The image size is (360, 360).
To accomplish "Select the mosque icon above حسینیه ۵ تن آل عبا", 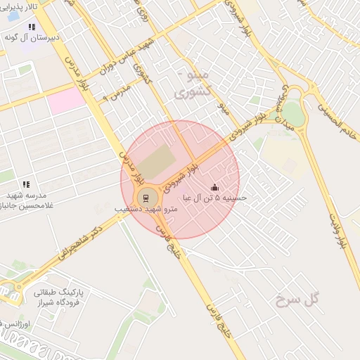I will pyautogui.click(x=214, y=188).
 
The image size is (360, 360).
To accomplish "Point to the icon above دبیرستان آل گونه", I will pyautogui.click(x=32, y=27).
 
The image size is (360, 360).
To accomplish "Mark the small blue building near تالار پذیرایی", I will pyautogui.click(x=13, y=16).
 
